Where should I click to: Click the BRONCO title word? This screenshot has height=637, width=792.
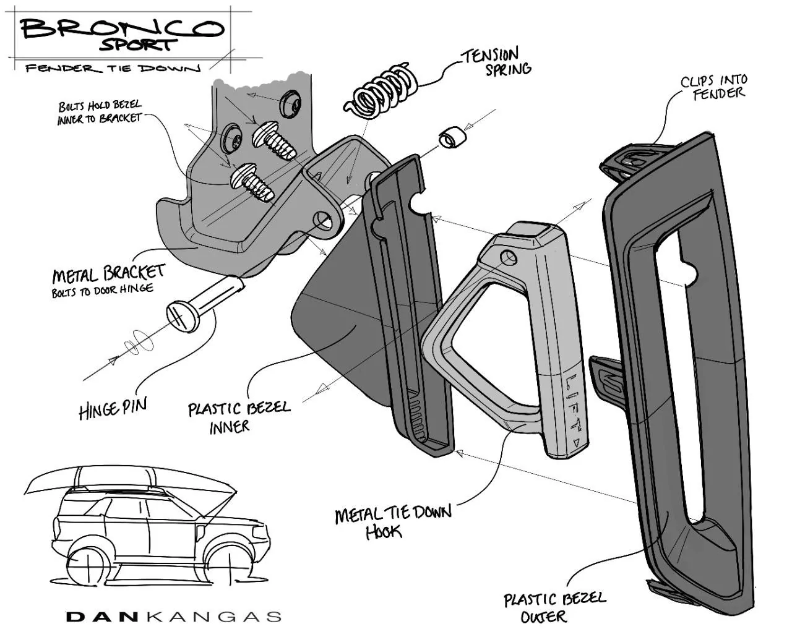121,28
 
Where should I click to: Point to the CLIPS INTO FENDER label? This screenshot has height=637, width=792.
715,87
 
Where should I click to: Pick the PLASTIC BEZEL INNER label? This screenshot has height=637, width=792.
238,416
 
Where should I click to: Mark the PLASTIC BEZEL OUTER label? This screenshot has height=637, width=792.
554,607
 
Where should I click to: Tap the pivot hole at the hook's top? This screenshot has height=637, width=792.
509,257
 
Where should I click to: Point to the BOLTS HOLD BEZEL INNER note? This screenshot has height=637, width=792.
99,112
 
